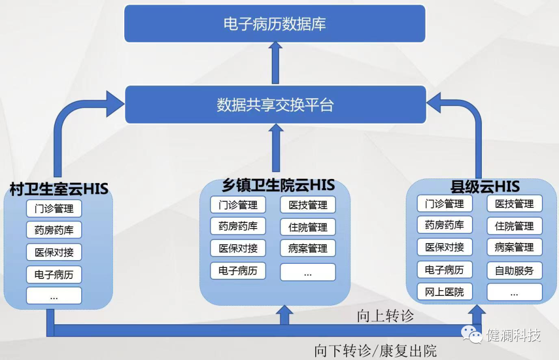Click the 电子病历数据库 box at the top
pos(274,24)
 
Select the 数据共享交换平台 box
pos(275,105)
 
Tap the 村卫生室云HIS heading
pos(59,189)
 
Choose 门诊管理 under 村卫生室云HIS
pos(54,209)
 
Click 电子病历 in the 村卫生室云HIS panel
pos(54,275)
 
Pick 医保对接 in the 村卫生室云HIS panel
pos(54,252)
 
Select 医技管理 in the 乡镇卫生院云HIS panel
pos(308,205)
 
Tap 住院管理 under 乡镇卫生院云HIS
pos(308,227)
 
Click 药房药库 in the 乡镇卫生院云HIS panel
pos(238,226)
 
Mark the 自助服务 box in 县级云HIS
pos(514,270)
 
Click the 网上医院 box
pos(445,292)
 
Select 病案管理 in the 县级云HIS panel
pos(514,247)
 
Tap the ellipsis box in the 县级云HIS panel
pos(514,292)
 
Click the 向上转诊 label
pos(386,316)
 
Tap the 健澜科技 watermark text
pos(513,335)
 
